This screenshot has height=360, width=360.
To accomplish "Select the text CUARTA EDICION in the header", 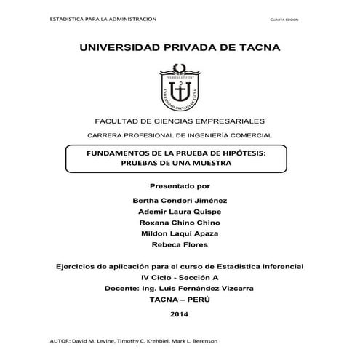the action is [282, 20].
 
